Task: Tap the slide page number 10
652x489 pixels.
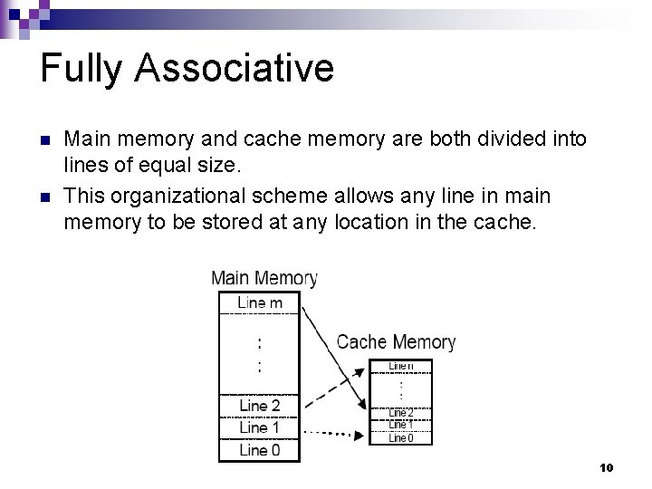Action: pos(607,467)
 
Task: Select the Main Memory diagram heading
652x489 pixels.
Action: pos(264,279)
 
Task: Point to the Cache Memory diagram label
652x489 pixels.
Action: pos(396,342)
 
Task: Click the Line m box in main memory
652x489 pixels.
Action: pos(259,302)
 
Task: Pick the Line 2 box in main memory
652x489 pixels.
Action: pos(259,406)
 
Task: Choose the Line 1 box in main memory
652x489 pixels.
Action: pos(259,427)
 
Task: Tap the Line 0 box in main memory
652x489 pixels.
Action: pos(259,449)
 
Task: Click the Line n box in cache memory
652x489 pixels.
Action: pos(401,366)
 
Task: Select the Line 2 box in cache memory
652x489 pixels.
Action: pos(401,413)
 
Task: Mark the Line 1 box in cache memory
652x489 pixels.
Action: pos(401,425)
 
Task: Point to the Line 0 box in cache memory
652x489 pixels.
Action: pos(401,437)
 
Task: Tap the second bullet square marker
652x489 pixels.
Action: pos(45,197)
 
